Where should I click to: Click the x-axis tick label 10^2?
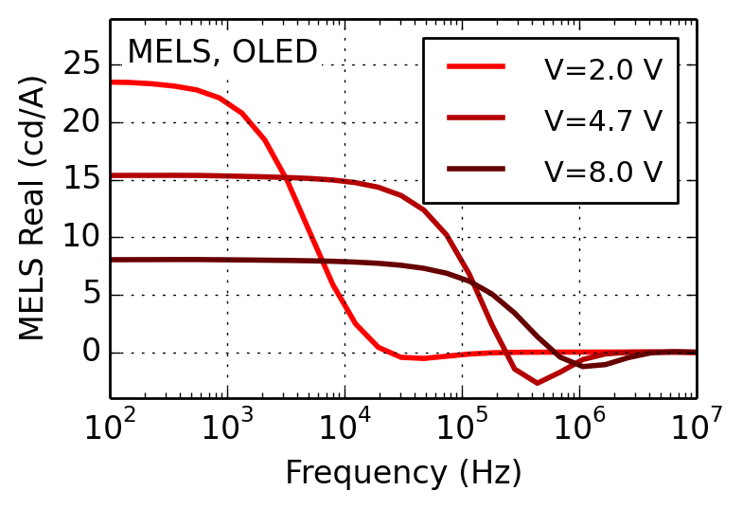[x=111, y=426]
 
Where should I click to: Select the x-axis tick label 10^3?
[x=228, y=426]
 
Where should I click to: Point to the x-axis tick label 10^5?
[x=462, y=426]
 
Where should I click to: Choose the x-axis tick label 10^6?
[x=579, y=426]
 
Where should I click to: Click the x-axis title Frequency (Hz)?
[x=403, y=472]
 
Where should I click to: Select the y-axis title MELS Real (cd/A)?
[x=32, y=209]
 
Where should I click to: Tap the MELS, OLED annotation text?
[x=222, y=52]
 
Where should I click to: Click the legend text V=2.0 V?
[x=603, y=69]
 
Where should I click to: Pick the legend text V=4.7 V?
[x=603, y=120]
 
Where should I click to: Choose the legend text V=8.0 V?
[x=603, y=172]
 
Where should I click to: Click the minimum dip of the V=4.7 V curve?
[x=538, y=383]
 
